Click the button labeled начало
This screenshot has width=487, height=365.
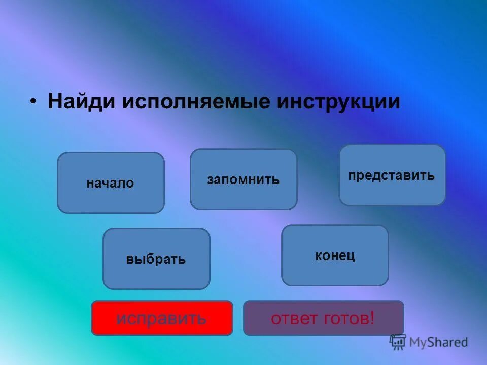point(111,183)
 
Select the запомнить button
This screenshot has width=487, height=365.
point(243,179)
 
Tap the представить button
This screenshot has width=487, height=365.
point(392,175)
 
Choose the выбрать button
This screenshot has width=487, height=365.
point(156,259)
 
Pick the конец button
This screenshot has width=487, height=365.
point(335,255)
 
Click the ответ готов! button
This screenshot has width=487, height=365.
point(323,318)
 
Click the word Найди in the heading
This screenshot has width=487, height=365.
point(82,101)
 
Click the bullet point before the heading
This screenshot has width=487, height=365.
point(33,101)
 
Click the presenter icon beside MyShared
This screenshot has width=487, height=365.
point(398,341)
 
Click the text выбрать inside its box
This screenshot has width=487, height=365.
point(156,260)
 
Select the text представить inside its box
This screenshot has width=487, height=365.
point(392,176)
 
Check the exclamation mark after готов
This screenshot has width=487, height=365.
point(372,318)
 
